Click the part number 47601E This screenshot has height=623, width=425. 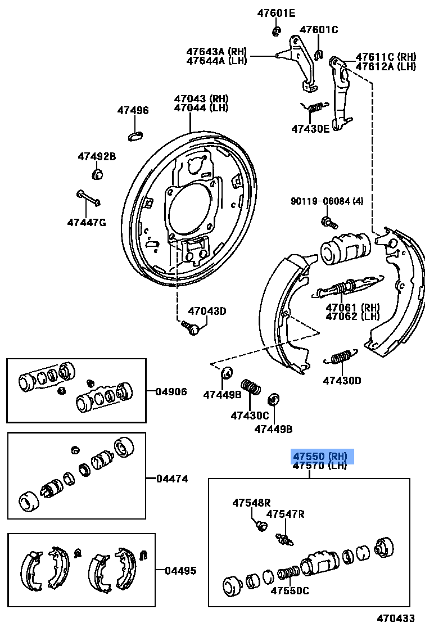pos(276,13)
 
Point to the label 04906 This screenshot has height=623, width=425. pos(171,391)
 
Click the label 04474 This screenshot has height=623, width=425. pos(172,479)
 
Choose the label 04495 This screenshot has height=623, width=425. pos(180,570)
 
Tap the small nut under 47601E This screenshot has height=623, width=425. pos(275,31)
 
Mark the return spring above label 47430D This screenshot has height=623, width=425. pos(340,358)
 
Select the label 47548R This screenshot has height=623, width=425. pos(251,503)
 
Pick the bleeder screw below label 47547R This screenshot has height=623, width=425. pos(285,539)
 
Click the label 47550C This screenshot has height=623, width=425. pos(290,590)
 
